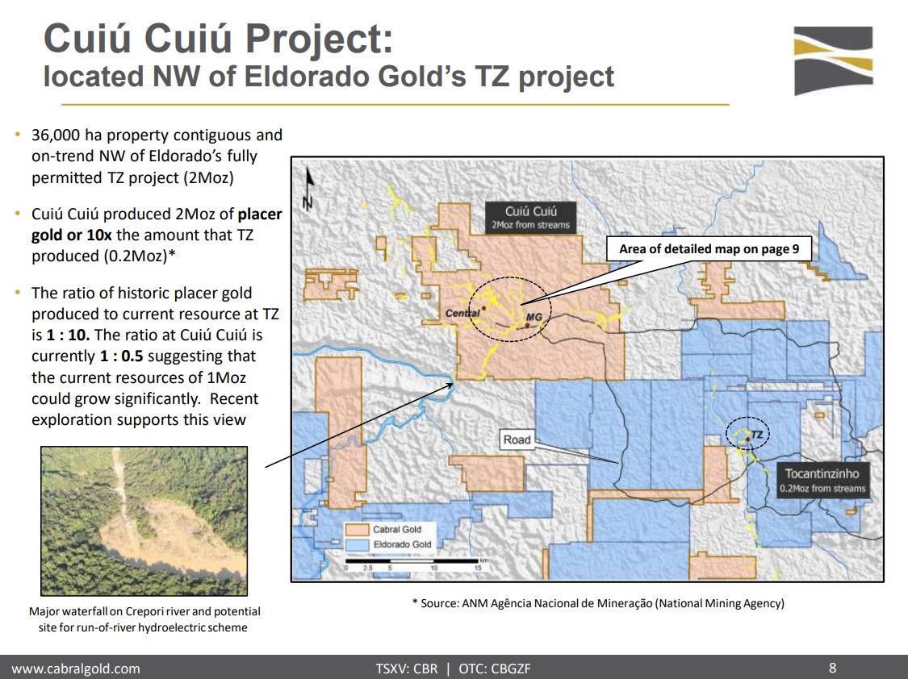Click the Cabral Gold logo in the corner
[x=833, y=60]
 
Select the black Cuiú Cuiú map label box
[x=530, y=218]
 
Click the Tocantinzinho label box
[x=822, y=480]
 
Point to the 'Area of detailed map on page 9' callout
[x=709, y=248]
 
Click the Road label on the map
[x=517, y=439]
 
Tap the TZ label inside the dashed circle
[x=756, y=435]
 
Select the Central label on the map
[x=462, y=313]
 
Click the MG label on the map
[x=534, y=317]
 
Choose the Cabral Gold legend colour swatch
[x=357, y=529]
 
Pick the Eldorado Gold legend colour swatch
[x=357, y=545]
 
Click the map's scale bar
[x=412, y=561]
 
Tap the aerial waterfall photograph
[x=144, y=520]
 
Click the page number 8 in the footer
[x=833, y=668]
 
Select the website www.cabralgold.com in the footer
[x=76, y=669]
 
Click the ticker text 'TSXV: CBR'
[x=407, y=669]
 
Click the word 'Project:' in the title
[x=319, y=40]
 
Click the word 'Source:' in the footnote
[x=439, y=603]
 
